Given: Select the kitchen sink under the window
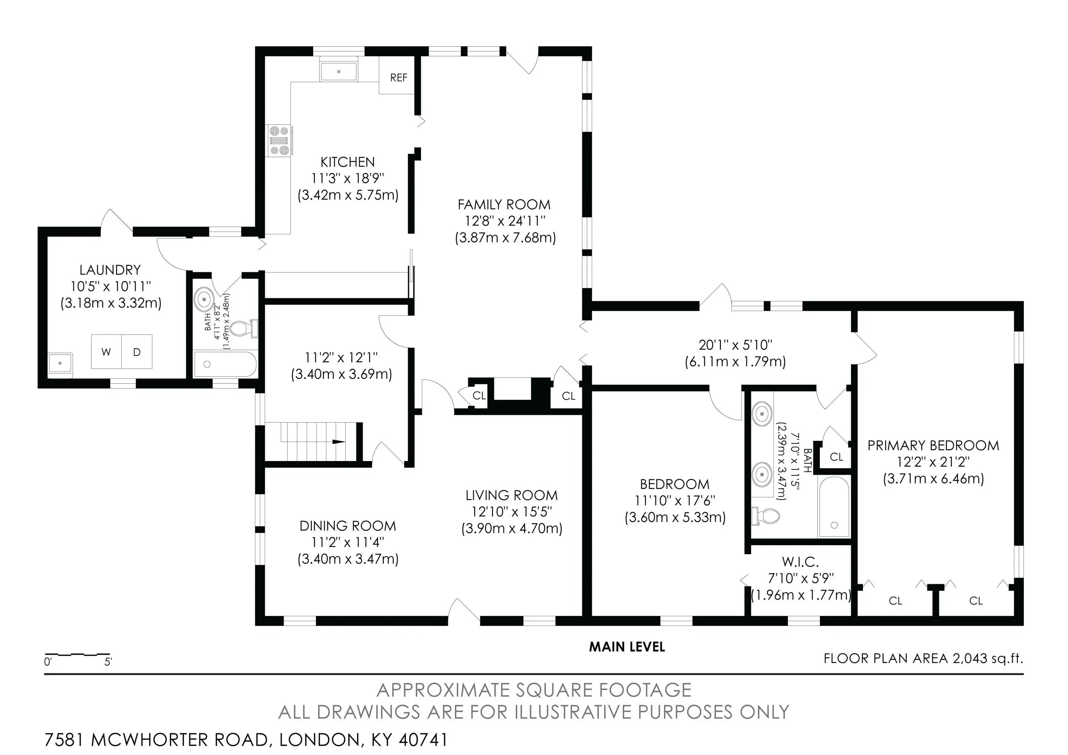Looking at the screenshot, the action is (x=339, y=71).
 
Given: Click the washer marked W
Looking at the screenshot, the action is (x=106, y=352).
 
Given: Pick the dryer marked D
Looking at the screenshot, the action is (x=137, y=352).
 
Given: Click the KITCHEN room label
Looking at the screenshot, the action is (x=347, y=162).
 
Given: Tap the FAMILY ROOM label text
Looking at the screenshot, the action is (x=504, y=205).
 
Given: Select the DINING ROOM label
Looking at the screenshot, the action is (x=347, y=526).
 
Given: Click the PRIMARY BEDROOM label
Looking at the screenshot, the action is (x=933, y=445).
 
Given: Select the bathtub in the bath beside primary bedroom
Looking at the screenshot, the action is (x=834, y=507).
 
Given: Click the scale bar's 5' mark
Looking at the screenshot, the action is (x=108, y=661).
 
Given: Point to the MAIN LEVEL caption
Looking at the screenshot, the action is (x=627, y=647).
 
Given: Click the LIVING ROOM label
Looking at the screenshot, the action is (x=511, y=495).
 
